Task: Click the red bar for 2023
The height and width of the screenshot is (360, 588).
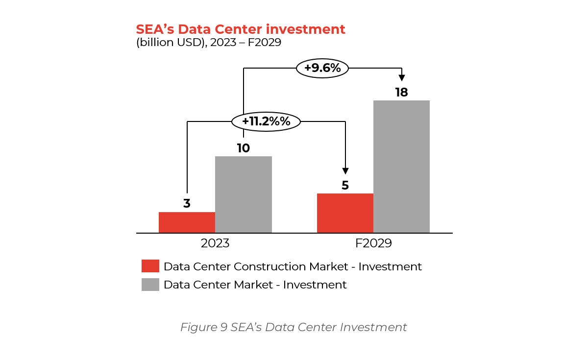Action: [187, 222]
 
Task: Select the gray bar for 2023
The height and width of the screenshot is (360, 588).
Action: [244, 194]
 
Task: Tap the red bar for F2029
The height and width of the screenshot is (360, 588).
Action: [345, 213]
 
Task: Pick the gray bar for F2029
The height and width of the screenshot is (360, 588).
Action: [401, 167]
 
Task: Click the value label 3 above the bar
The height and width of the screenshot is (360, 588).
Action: [187, 204]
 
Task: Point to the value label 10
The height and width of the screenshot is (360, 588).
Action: [244, 148]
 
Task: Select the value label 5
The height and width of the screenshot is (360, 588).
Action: [345, 186]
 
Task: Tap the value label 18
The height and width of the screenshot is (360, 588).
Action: [401, 92]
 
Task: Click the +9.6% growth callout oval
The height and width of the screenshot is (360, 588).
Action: [322, 68]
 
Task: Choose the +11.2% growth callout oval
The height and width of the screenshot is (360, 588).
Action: [266, 121]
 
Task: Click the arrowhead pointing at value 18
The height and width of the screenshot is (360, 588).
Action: [402, 77]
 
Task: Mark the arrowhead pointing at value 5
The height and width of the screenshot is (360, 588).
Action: [345, 171]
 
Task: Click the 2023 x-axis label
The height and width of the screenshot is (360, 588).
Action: [215, 243]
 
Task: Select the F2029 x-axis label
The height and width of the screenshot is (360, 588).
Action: [373, 243]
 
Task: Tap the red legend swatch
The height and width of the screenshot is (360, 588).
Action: [150, 266]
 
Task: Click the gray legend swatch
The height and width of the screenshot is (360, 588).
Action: [150, 285]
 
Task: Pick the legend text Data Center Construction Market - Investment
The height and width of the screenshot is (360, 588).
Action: [293, 266]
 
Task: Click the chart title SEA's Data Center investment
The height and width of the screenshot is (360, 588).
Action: [241, 29]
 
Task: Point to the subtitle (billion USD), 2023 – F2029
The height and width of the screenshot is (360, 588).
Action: [209, 43]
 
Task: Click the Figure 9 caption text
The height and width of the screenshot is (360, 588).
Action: [294, 327]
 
